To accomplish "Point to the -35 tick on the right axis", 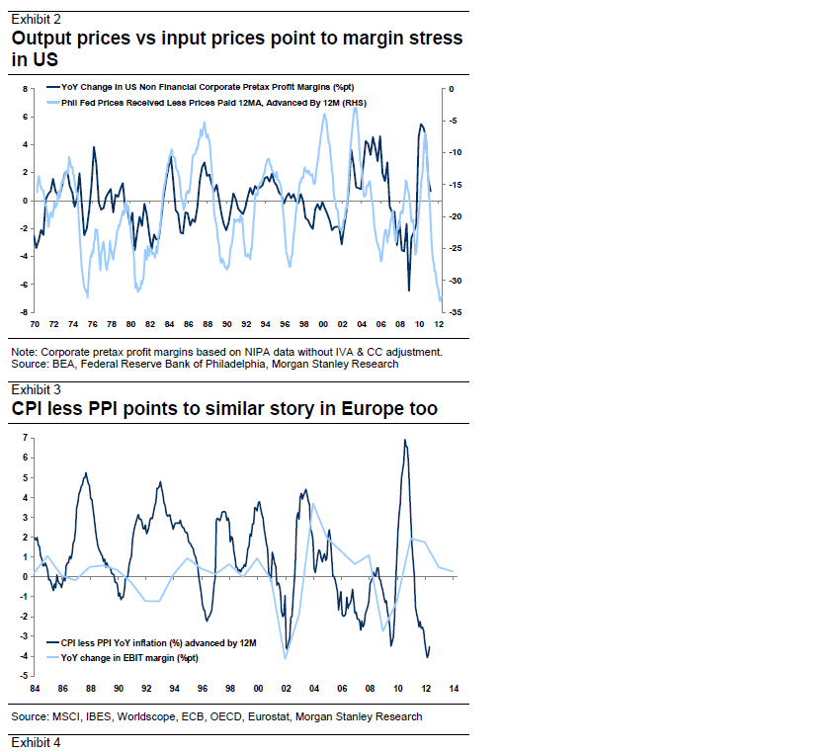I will (452, 312).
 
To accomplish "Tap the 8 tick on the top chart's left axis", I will (26, 89).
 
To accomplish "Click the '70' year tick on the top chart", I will (35, 324).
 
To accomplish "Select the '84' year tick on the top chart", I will (169, 324).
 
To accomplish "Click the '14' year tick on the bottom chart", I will (453, 688).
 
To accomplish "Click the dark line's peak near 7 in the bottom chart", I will (404, 440).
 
